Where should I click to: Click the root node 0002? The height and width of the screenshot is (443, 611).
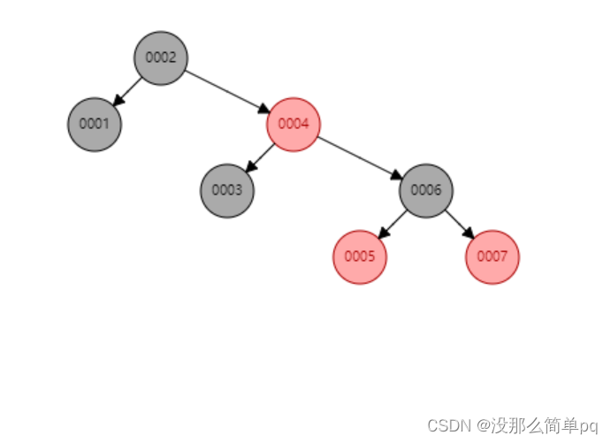coord(161,57)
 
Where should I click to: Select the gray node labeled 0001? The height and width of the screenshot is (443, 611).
coord(95,124)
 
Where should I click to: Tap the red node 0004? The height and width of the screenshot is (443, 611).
coord(294,124)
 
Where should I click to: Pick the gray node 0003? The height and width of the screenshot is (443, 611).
coord(227,190)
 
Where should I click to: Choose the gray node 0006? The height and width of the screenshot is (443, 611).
coord(426,190)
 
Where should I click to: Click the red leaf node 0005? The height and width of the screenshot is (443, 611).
coord(360,256)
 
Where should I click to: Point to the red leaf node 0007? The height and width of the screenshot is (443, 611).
coord(493,256)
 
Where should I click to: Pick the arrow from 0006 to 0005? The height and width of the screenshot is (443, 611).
coord(394,222)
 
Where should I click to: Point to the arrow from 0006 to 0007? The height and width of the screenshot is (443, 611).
coord(458,222)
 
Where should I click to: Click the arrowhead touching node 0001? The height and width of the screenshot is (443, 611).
coord(117,102)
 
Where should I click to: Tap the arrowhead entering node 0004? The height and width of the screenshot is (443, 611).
coord(264,110)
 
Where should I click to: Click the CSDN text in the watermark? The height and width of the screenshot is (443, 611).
coord(447,425)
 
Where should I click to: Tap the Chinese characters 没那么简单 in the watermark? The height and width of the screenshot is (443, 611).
coord(531,425)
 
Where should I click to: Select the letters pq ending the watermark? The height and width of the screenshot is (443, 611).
coord(589,426)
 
